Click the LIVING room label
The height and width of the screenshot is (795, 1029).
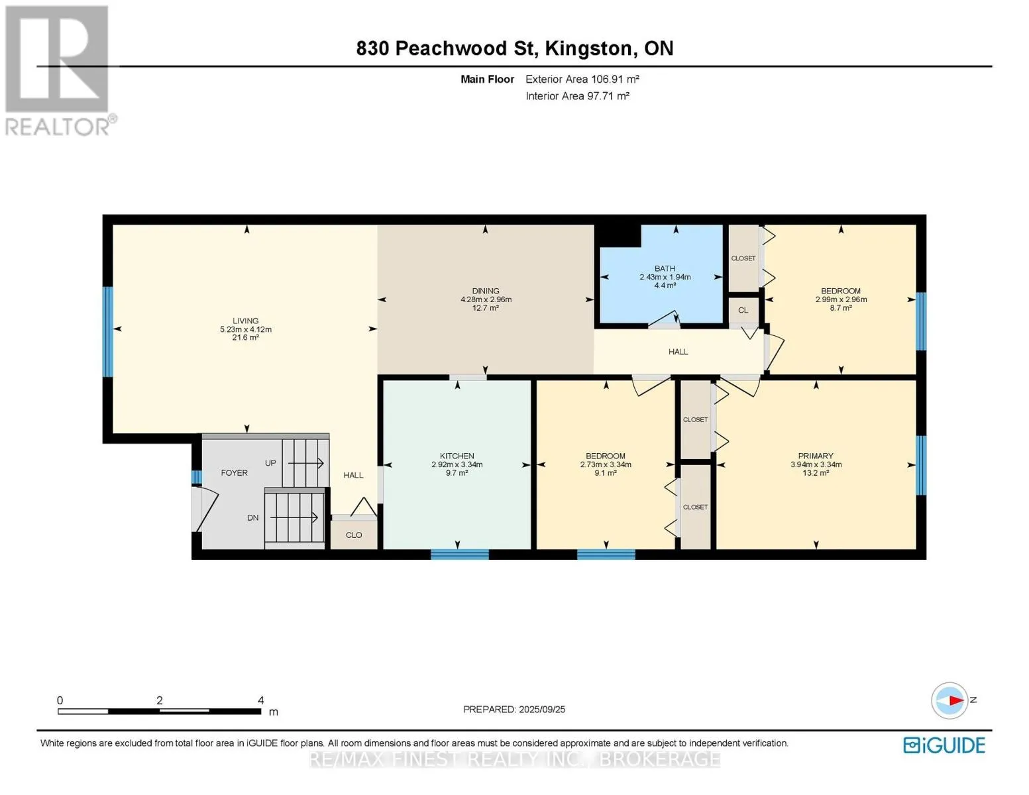click(x=245, y=321)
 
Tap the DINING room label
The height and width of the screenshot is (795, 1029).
click(x=486, y=291)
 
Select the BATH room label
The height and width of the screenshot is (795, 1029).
click(x=665, y=268)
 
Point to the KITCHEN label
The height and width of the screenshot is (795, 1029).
click(x=457, y=456)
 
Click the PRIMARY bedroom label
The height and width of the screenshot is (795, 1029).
click(x=816, y=456)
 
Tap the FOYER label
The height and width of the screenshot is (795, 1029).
click(x=235, y=472)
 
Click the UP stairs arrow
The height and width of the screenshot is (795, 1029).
click(x=305, y=463)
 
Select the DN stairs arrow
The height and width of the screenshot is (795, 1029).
click(x=294, y=518)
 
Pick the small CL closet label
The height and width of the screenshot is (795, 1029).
click(x=743, y=310)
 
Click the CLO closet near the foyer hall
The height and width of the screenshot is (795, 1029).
click(x=354, y=535)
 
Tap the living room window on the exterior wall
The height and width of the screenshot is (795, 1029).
click(x=108, y=331)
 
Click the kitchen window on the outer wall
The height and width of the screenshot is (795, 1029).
click(x=459, y=554)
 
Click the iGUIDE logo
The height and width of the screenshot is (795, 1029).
click(x=944, y=745)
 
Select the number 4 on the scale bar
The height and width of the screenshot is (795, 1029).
click(x=260, y=700)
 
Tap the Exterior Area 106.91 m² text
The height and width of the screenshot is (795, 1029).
click(x=582, y=79)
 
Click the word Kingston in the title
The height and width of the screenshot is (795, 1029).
click(x=588, y=49)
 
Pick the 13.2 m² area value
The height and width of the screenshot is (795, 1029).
click(x=816, y=472)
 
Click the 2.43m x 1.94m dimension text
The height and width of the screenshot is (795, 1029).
click(x=665, y=277)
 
